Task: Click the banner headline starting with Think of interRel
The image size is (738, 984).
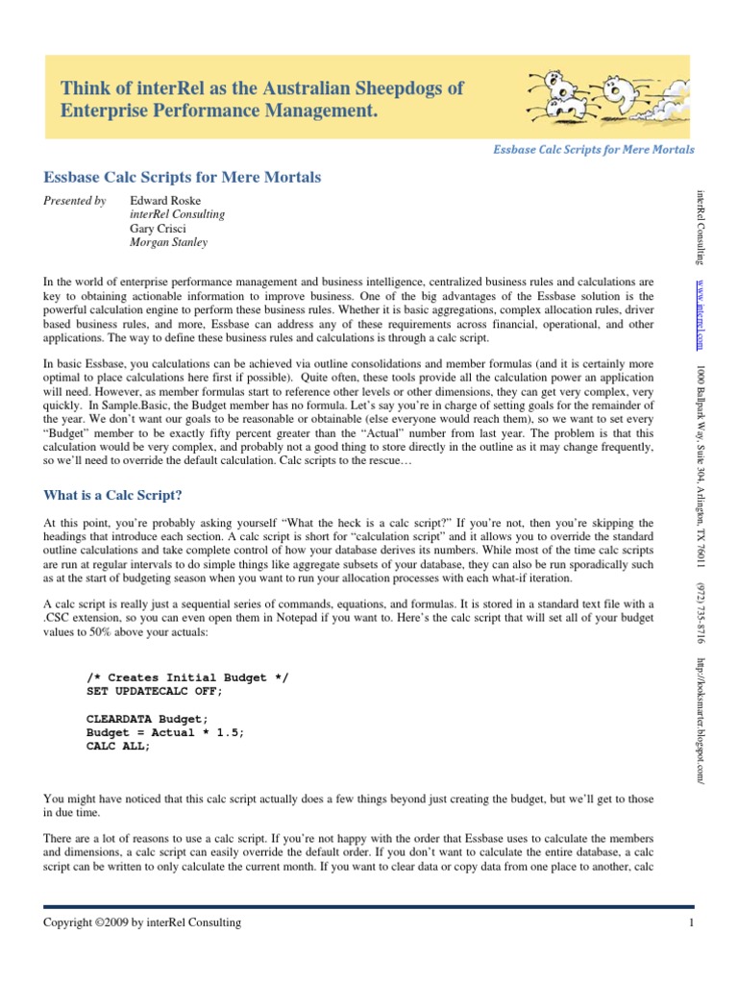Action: [x=262, y=100]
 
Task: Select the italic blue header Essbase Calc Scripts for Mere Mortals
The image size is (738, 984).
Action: [x=593, y=150]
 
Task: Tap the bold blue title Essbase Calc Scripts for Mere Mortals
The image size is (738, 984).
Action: [x=183, y=177]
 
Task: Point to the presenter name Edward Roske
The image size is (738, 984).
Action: [x=165, y=201]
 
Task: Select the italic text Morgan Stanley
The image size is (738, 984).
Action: [x=168, y=243]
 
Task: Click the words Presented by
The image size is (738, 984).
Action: [x=75, y=201]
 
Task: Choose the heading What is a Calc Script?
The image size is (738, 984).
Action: [x=112, y=495]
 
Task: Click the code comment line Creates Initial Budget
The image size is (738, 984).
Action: [x=186, y=677]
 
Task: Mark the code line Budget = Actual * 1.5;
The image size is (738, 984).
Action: [x=165, y=732]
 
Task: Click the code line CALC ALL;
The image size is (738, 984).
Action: [x=118, y=746]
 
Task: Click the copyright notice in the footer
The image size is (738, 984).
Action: [x=143, y=923]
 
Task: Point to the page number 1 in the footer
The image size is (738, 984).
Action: [x=691, y=923]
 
